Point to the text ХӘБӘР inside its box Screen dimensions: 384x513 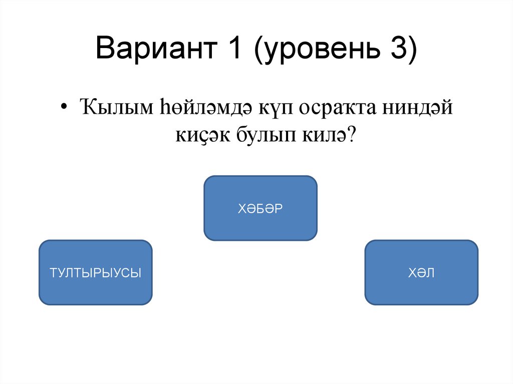(260, 208)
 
